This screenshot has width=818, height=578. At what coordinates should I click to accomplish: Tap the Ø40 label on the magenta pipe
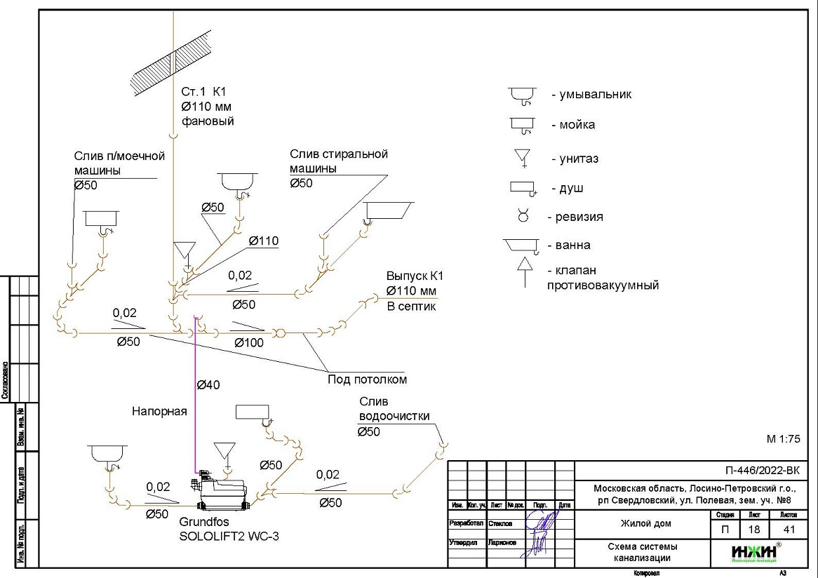tap(208, 384)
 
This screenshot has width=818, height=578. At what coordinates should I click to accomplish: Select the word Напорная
tap(159, 412)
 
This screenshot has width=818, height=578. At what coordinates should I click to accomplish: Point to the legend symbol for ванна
tap(521, 246)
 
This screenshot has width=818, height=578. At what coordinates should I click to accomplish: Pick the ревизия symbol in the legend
tap(523, 216)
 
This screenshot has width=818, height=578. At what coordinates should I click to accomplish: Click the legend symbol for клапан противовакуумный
tap(523, 271)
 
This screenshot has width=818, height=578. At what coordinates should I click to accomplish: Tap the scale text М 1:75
tap(783, 440)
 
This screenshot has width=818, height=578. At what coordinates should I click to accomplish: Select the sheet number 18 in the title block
tap(754, 530)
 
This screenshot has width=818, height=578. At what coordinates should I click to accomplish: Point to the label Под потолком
tap(367, 379)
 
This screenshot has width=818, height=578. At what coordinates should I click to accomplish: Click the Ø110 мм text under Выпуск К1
tap(411, 291)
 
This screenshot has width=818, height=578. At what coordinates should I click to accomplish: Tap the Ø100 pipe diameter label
tap(248, 343)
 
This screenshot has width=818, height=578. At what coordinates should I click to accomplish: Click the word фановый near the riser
tap(207, 121)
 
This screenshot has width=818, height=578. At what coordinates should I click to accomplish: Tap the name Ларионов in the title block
tap(502, 542)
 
